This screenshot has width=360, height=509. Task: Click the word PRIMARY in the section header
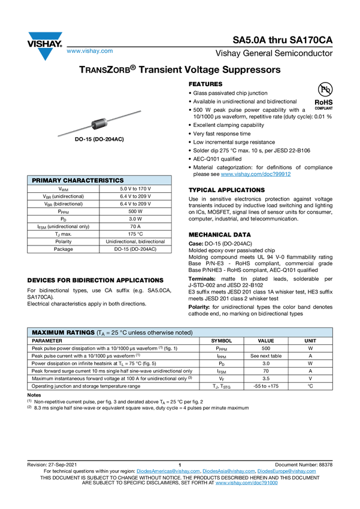pyautogui.click(x=46, y=180)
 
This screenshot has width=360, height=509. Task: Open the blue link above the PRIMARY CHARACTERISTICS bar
pyautogui.click(x=256, y=174)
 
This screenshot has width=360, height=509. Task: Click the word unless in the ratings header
pyautogui.click(x=140, y=332)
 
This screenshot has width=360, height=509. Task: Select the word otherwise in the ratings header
pyautogui.click(x=164, y=332)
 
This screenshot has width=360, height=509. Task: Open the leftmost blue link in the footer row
pyautogui.click(x=167, y=471)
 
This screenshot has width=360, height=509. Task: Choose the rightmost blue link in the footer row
pyautogui.click(x=287, y=471)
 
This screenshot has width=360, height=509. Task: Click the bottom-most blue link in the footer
pyautogui.click(x=246, y=482)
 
